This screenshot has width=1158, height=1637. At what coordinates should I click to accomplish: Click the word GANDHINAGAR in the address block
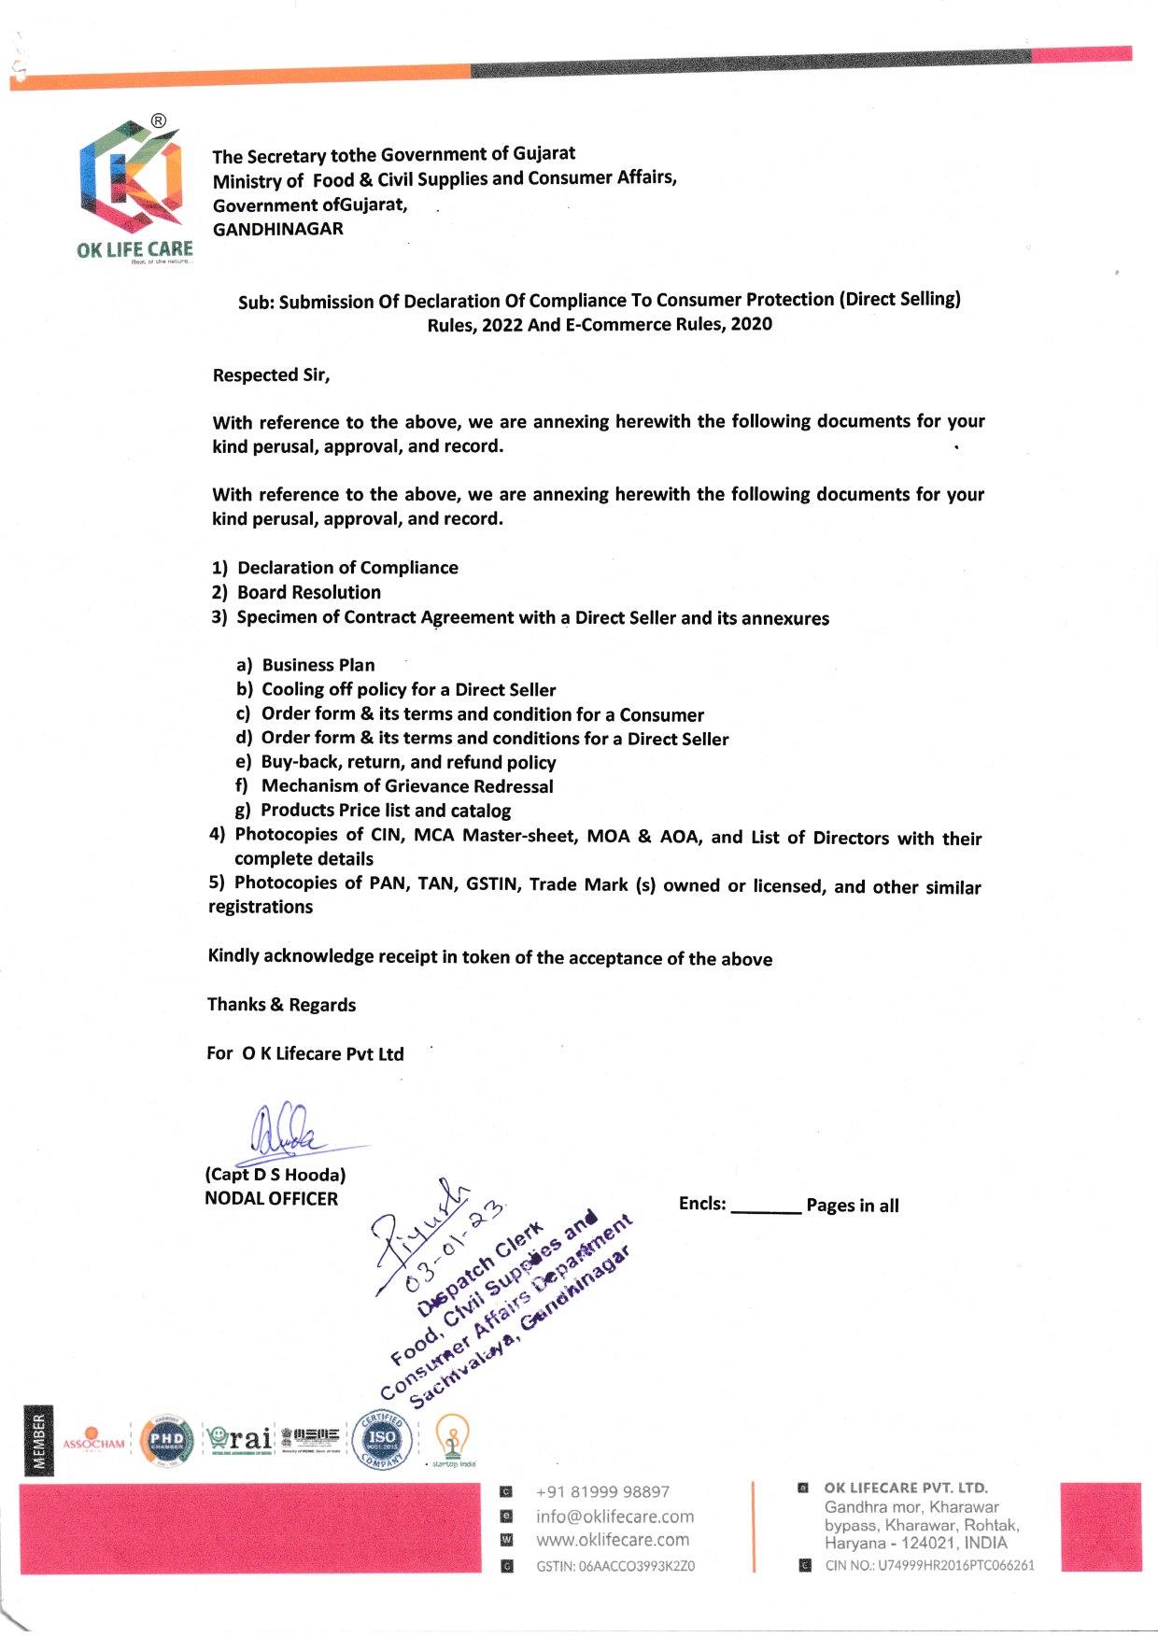click(278, 229)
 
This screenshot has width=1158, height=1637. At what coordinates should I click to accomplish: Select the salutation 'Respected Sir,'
click(271, 375)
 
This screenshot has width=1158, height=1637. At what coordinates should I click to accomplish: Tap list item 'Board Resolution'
click(309, 592)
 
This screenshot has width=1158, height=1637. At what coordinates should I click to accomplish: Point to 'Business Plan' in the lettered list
click(318, 665)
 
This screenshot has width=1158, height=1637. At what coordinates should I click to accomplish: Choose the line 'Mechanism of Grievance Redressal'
click(407, 786)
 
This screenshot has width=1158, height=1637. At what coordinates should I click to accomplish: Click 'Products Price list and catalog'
click(386, 811)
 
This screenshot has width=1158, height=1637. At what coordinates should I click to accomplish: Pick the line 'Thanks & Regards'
click(281, 1005)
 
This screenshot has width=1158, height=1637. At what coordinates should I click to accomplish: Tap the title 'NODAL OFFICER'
click(271, 1199)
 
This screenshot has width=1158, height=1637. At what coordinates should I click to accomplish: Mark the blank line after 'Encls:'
click(766, 1207)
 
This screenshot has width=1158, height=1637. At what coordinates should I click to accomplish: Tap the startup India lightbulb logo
click(452, 1439)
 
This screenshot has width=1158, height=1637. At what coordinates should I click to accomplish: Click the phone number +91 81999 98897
click(602, 1492)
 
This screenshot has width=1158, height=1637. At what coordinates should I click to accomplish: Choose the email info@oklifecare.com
click(614, 1517)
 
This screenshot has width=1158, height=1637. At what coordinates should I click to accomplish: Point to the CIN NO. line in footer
click(929, 1565)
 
